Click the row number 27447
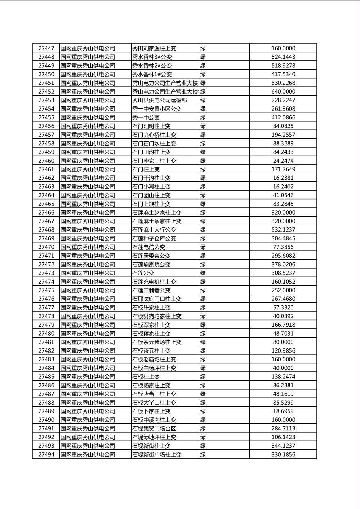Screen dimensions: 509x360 [x=46, y=48]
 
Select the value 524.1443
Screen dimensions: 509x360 [x=283, y=57]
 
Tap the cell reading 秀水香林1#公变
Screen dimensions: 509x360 [x=152, y=74]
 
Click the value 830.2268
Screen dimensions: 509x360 [x=283, y=83]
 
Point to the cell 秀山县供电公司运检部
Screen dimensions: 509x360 [x=159, y=100]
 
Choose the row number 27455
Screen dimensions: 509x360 [x=46, y=117]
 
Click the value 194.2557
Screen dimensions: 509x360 [x=283, y=135]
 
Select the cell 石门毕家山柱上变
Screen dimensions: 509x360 [x=154, y=161]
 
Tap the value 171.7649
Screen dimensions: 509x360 [x=283, y=169]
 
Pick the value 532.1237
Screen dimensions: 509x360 [x=283, y=230]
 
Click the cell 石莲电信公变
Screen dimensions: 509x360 [x=149, y=247]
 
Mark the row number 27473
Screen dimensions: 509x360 [x=46, y=273]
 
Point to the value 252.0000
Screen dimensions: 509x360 [x=283, y=290]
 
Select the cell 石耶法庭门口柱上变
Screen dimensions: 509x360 [x=157, y=299]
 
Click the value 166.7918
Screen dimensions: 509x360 [x=283, y=325]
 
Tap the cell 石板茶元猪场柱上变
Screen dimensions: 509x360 [x=157, y=342]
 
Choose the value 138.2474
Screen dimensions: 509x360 [x=283, y=377]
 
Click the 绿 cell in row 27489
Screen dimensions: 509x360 [x=203, y=411]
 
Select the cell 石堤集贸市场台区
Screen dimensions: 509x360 [x=154, y=428]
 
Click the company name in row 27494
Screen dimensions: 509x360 [x=88, y=455]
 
